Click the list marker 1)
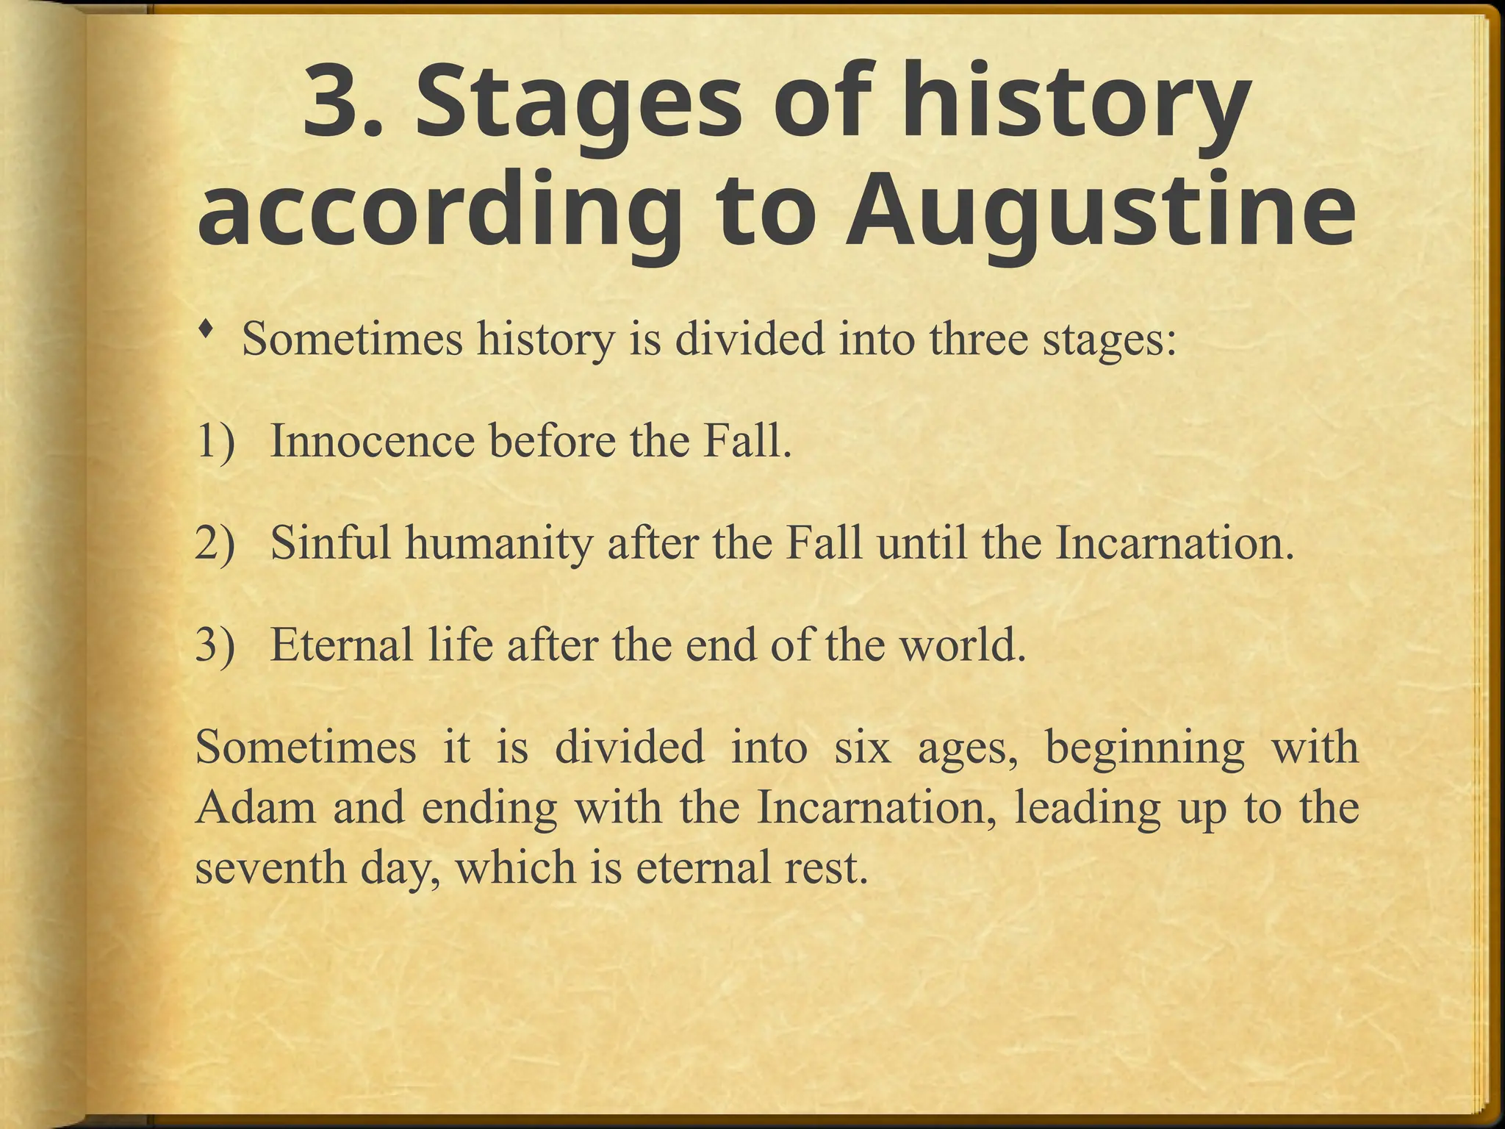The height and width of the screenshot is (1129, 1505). point(216,441)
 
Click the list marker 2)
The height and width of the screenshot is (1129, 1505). point(216,543)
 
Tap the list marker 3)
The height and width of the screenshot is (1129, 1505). point(216,645)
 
